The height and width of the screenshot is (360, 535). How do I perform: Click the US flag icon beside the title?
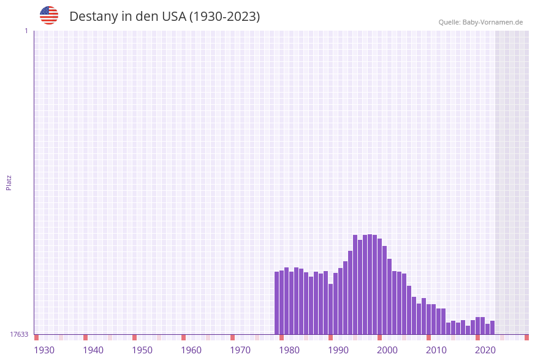tap(49, 15)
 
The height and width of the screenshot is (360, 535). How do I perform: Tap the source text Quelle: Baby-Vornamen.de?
tap(480, 22)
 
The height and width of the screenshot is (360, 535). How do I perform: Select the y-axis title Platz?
tap(9, 182)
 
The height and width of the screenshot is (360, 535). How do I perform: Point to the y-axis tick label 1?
tap(26, 31)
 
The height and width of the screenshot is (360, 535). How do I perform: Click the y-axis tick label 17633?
tap(19, 334)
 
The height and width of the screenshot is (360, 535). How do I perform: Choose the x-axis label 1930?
tap(44, 350)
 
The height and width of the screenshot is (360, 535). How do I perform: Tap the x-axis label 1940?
tap(93, 350)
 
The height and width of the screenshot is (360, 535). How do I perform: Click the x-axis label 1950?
tap(142, 350)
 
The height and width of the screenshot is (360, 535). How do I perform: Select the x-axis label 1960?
tap(191, 350)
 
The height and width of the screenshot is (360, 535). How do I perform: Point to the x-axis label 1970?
tap(240, 350)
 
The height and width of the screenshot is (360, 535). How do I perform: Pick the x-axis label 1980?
tap(289, 350)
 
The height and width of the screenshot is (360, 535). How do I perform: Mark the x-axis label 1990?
tap(338, 350)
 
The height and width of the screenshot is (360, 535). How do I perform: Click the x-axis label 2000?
tap(387, 350)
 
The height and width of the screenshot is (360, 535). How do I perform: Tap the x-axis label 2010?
tap(436, 350)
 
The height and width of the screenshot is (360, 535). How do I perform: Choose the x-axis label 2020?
tap(485, 350)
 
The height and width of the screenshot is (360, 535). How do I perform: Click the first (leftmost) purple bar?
tap(277, 303)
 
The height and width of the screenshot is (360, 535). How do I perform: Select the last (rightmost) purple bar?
tap(492, 327)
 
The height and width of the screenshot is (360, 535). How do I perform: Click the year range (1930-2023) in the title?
tap(224, 17)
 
